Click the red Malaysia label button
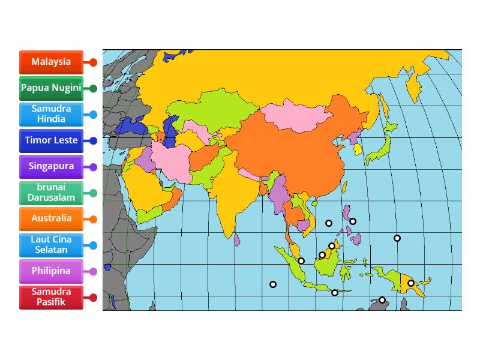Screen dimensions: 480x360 point(51,62)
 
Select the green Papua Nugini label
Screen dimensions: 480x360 point(51,88)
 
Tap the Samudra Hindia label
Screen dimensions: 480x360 point(51,114)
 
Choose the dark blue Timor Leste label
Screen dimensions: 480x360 point(51,140)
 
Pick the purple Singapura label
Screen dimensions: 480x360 point(51,167)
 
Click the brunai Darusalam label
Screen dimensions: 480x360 point(51,193)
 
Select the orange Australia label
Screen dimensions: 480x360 point(51,219)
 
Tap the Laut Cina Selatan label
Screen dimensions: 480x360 point(51,245)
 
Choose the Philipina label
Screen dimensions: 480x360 point(51,271)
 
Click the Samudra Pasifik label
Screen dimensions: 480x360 point(51,297)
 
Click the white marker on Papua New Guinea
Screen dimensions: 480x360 point(411,283)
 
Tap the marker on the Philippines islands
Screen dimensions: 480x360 point(353,221)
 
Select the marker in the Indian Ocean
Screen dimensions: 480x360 point(273,284)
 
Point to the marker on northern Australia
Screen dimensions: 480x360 point(382,300)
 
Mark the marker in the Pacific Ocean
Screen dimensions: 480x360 point(397,238)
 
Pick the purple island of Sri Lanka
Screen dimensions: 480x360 point(238,240)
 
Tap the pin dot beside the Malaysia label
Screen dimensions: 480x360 point(93,62)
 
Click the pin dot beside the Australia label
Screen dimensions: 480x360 point(93,219)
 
